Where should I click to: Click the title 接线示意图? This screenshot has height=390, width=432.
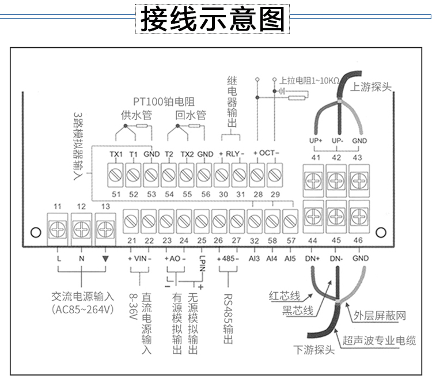tap(213, 19)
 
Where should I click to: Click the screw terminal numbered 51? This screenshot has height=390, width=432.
tap(115, 175)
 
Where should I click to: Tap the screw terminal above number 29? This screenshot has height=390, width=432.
tap(275, 175)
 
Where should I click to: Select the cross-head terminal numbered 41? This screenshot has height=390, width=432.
tap(313, 181)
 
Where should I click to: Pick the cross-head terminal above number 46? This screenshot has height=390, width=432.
tap(359, 217)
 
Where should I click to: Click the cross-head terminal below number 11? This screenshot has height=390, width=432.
tap(58, 229)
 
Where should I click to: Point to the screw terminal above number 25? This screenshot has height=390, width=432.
tap(202, 221)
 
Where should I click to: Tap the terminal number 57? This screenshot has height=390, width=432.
tap(291, 241)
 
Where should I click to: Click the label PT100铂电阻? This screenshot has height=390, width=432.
tap(164, 102)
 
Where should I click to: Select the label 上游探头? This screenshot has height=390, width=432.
tap(371, 87)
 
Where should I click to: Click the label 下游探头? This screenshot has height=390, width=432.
tap(314, 350)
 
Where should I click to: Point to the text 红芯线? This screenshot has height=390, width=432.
tap(285, 296)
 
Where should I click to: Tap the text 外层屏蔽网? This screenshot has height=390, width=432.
tap(380, 315)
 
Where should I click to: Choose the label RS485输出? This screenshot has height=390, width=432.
tap(228, 319)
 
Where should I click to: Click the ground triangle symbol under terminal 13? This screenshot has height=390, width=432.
tap(105, 259)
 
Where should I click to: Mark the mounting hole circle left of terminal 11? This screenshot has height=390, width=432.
tap(36, 232)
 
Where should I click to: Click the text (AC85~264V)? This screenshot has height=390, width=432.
tap(82, 309)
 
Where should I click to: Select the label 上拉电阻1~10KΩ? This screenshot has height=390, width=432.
tap(309, 81)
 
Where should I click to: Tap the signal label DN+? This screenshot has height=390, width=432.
tap(312, 259)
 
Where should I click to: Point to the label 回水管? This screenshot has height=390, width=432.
tap(191, 115)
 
